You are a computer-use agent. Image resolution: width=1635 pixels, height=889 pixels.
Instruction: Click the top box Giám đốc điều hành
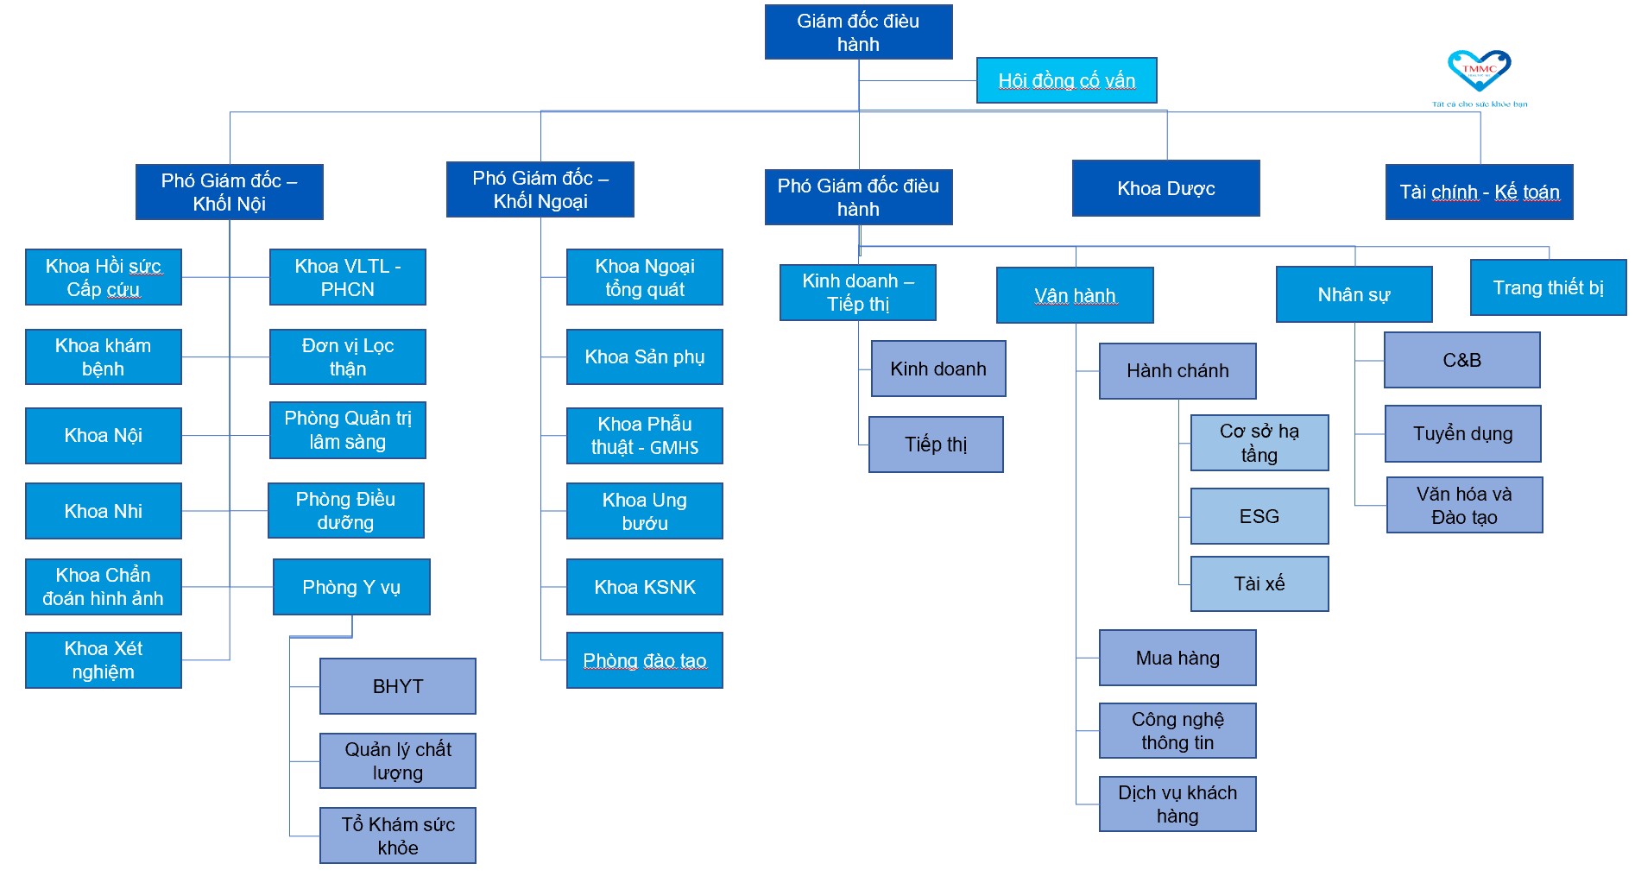pos(858,32)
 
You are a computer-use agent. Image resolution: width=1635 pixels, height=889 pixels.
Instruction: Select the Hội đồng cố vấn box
pos(1066,80)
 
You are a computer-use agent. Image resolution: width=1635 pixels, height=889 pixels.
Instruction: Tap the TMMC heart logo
pos(1479,70)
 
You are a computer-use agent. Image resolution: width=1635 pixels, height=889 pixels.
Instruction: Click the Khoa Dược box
pos(1165,188)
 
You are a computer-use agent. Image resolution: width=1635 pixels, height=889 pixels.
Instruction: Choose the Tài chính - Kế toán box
pos(1479,192)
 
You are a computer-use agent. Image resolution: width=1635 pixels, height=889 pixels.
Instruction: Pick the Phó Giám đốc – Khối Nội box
pos(229,192)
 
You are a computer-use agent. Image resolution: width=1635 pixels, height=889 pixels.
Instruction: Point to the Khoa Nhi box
pos(104,511)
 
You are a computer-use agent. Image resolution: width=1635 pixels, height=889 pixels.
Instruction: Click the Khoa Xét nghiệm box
pos(104,660)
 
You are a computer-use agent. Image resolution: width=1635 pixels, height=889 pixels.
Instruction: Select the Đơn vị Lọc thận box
pos(347,356)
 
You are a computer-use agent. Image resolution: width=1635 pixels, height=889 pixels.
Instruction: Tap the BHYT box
pos(397,686)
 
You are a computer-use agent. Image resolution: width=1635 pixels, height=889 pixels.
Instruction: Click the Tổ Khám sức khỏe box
pos(397,835)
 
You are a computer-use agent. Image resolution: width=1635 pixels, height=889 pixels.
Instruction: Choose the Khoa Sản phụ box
pos(644,356)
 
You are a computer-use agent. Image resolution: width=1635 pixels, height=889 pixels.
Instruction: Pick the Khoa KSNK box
pos(644,587)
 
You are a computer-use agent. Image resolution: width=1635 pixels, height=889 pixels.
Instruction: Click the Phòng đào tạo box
pos(644,660)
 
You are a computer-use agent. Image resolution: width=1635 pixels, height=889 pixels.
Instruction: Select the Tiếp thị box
pos(936,444)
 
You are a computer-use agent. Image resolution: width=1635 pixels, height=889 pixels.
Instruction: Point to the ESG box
pos(1259,516)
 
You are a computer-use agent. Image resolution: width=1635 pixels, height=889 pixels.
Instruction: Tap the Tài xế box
pos(1259,583)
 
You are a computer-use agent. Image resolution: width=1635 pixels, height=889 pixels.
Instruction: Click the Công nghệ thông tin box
pos(1177,731)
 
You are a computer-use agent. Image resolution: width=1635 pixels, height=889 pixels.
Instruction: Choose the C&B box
pos(1461,360)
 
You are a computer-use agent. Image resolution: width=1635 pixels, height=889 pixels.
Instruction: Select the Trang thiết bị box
pos(1548,287)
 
